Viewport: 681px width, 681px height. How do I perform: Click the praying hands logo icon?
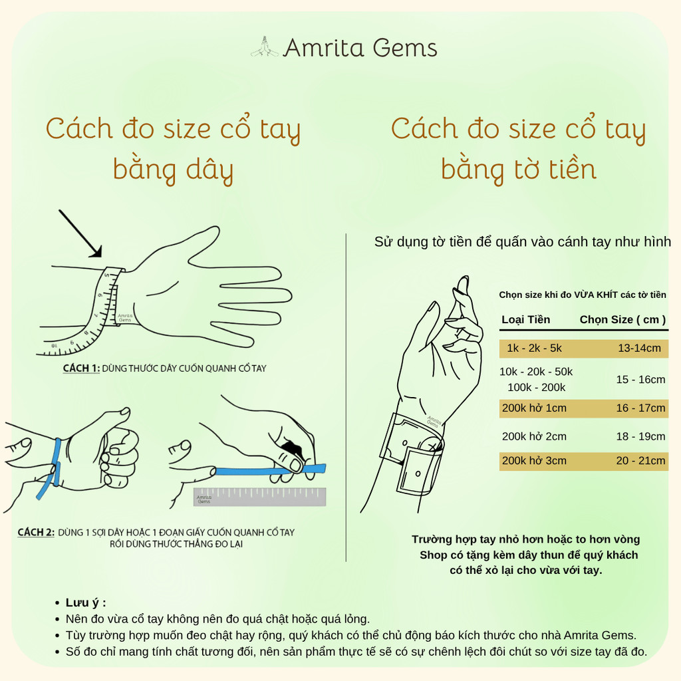pos(265,47)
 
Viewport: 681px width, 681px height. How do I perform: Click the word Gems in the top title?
pos(405,48)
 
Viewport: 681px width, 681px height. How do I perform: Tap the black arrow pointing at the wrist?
pos(80,233)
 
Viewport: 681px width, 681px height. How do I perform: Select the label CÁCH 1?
pos(81,368)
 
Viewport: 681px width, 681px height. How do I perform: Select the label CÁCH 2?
pos(36,533)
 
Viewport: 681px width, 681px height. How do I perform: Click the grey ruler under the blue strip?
pos(260,497)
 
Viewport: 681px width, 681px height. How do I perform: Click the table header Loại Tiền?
pos(525,320)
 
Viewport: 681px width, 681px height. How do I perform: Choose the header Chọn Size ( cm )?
pos(622,320)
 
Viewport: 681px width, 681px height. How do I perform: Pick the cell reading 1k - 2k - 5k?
pos(534,348)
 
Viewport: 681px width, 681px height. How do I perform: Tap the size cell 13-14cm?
pos(639,348)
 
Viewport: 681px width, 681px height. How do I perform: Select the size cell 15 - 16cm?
pos(640,379)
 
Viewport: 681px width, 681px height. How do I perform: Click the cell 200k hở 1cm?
pos(534,408)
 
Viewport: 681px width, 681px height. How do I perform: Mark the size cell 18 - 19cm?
pos(640,436)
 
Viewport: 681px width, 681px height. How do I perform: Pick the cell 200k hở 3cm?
pos(534,460)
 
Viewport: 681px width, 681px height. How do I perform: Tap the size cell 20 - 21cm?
pos(640,460)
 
